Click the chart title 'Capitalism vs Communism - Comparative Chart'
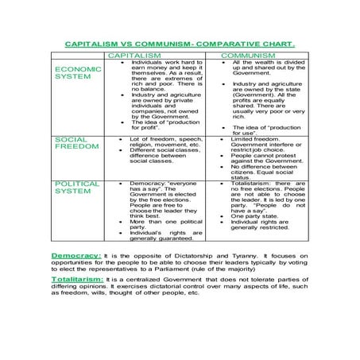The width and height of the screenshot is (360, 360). [179, 46]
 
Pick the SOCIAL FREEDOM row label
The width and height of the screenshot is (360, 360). [76, 143]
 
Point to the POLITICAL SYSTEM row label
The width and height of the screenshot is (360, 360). [77, 188]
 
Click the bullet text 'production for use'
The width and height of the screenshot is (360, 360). [263, 130]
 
